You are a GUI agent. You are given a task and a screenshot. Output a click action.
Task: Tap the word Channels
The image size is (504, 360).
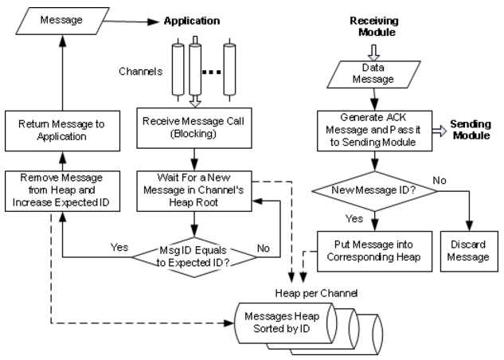pyautogui.click(x=141, y=71)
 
